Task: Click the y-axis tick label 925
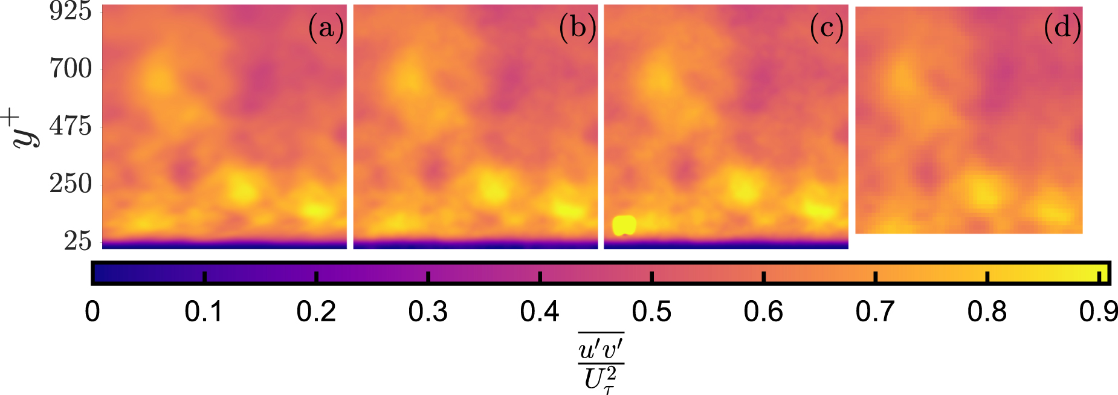71,11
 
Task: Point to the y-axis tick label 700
71,69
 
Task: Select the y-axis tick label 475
71,126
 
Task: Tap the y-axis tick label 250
71,184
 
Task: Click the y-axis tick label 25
78,241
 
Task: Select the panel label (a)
326,28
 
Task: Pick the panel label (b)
577,28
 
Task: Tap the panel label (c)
826,28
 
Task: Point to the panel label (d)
1062,28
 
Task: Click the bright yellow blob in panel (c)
624,225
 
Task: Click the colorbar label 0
92,312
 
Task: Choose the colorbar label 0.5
651,312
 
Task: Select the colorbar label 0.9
1098,312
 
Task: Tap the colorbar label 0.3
427,312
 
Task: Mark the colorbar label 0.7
874,312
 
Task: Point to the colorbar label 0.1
204,312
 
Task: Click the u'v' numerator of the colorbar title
601,350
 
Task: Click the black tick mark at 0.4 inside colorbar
540,277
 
